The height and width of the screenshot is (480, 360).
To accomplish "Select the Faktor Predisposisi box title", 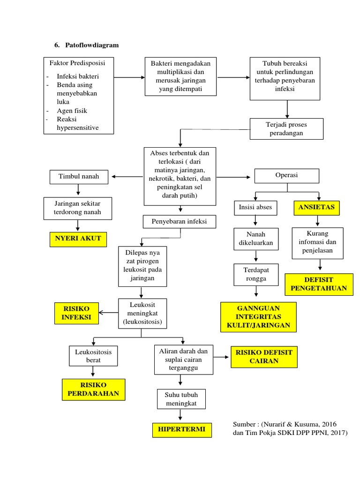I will (74, 63).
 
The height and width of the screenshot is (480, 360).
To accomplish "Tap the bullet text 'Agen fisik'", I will (72, 111).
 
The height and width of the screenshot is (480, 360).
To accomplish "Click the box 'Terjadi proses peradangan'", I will (286, 128).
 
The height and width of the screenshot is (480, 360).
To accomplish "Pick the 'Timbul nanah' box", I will (79, 176).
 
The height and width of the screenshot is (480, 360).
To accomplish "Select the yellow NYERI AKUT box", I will (78, 239).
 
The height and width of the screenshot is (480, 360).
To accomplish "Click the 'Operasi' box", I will (286, 175).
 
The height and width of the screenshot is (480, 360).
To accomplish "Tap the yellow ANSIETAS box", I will (316, 208).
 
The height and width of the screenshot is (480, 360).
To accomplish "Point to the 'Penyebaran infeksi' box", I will (180, 221).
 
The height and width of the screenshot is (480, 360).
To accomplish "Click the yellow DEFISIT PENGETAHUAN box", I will (319, 284).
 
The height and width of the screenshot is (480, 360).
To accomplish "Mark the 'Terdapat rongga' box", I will (255, 274).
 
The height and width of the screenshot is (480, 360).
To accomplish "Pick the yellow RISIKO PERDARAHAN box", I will (93, 390).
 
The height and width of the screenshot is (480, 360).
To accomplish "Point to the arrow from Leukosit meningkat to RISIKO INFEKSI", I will (109, 313).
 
